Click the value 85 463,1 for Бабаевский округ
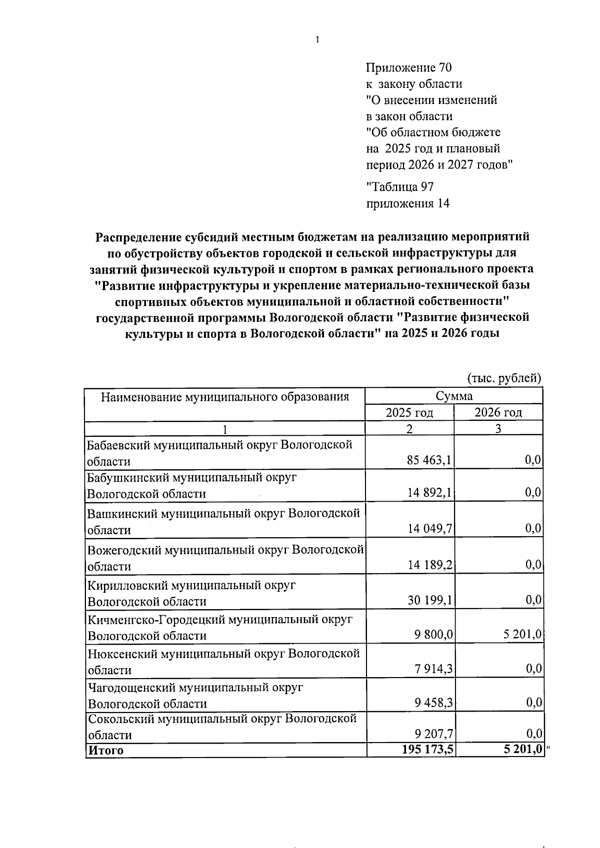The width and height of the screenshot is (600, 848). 429,460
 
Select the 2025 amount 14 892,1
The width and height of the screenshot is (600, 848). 429,493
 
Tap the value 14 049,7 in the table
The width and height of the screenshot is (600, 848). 429,529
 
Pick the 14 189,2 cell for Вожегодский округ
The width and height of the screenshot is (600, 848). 429,565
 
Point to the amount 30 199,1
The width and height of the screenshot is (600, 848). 429,600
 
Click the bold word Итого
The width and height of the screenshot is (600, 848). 105,750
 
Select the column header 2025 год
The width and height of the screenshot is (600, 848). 409,413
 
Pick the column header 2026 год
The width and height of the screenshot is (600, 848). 498,413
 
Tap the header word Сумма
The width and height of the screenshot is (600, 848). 453,396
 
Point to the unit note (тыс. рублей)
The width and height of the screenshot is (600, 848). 504,378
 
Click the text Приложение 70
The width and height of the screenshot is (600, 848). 409,68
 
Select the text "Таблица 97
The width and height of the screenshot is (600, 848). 400,187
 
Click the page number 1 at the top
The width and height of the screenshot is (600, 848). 317,40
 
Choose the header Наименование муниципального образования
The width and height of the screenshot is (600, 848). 224,397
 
